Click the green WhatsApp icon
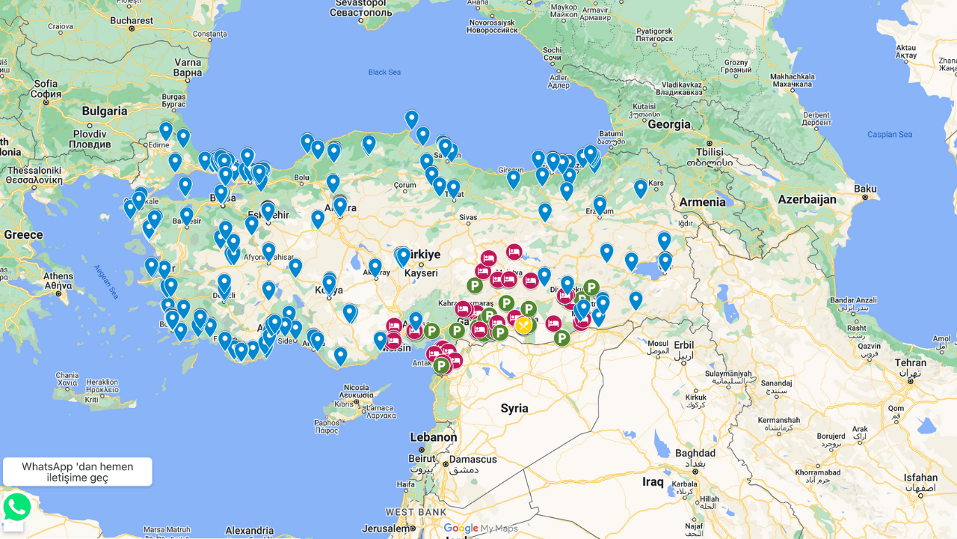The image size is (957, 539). click(x=17, y=507)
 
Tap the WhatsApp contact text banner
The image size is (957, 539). click(x=78, y=472)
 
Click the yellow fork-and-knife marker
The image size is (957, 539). click(x=523, y=325)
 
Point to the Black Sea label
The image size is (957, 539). click(x=384, y=73)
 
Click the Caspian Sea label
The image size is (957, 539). click(x=889, y=135)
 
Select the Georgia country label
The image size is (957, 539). click(x=669, y=125)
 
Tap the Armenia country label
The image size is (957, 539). click(x=702, y=202)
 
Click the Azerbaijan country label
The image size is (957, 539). click(x=807, y=200)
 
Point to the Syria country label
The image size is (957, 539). click(x=514, y=409)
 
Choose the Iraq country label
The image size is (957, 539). click(x=653, y=482)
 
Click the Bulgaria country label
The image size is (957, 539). click(x=105, y=112)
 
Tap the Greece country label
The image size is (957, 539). click(x=23, y=235)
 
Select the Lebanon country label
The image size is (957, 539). click(x=433, y=437)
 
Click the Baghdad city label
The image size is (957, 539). click(x=695, y=454)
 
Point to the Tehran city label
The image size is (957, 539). click(x=910, y=362)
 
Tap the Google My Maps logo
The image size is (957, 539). click(x=480, y=529)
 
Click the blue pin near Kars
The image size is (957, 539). click(x=641, y=188)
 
